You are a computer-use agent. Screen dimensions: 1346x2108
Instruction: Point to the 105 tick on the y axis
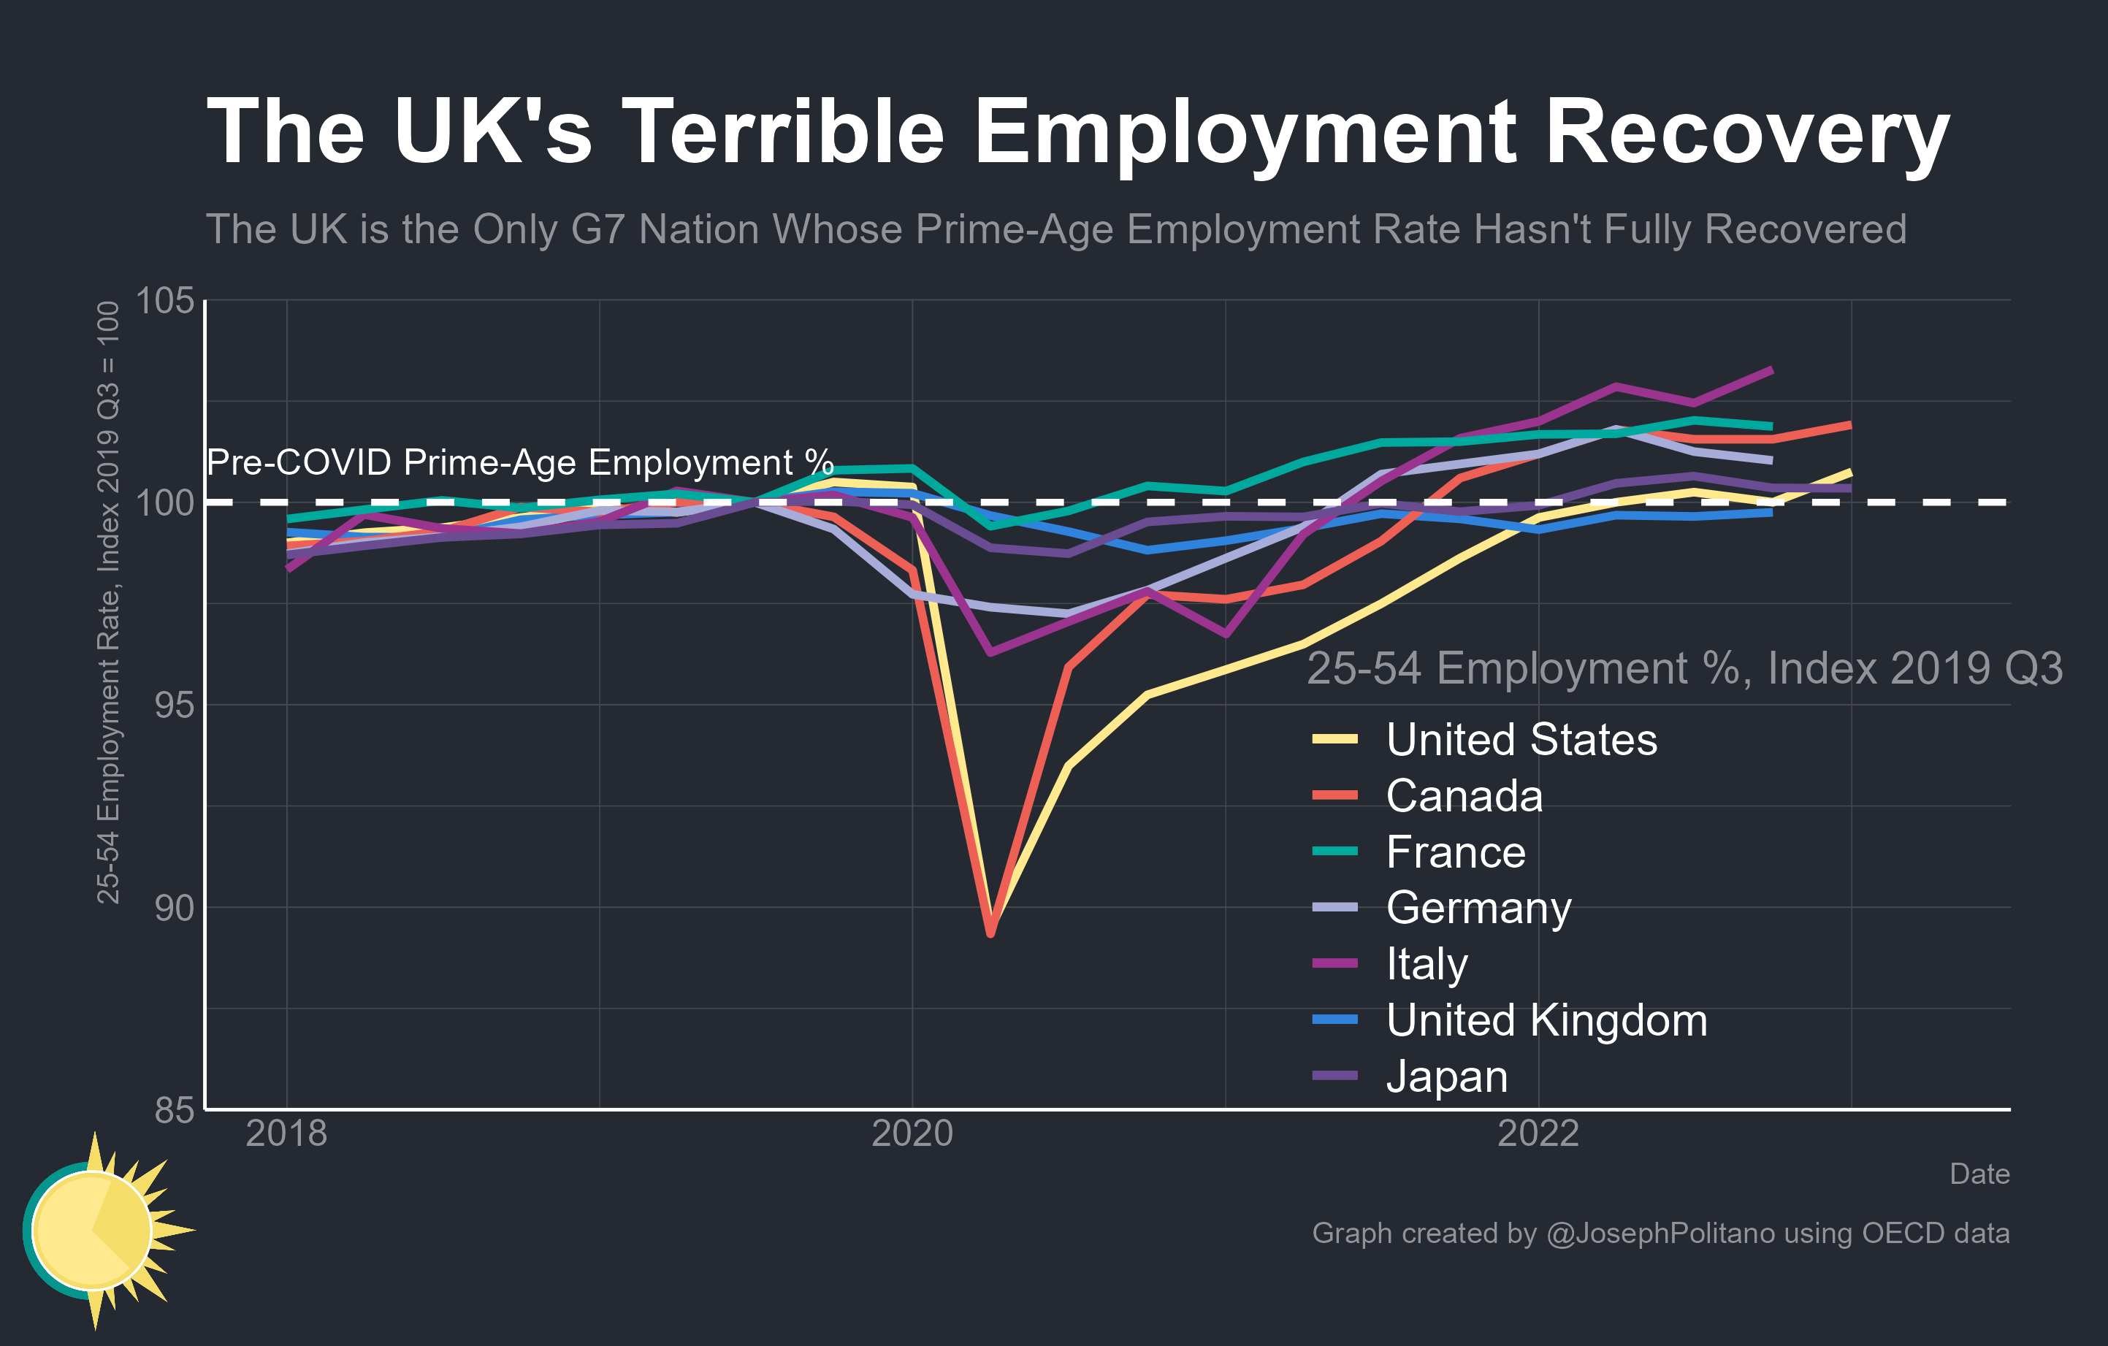click(x=164, y=300)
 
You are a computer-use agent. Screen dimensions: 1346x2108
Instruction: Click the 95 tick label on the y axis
click(x=173, y=705)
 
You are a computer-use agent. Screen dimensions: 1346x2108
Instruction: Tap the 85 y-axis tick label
click(x=173, y=1109)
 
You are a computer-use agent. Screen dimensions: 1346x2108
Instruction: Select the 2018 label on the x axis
click(x=286, y=1133)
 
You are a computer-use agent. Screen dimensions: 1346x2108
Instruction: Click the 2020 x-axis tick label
click(x=912, y=1133)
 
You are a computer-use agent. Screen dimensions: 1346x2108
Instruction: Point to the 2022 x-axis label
click(x=1538, y=1133)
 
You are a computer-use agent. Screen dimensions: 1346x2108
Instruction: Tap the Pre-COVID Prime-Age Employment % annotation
click(x=520, y=462)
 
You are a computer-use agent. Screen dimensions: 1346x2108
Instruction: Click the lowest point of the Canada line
click(x=990, y=934)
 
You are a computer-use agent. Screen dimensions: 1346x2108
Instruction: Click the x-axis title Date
click(x=1979, y=1174)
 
